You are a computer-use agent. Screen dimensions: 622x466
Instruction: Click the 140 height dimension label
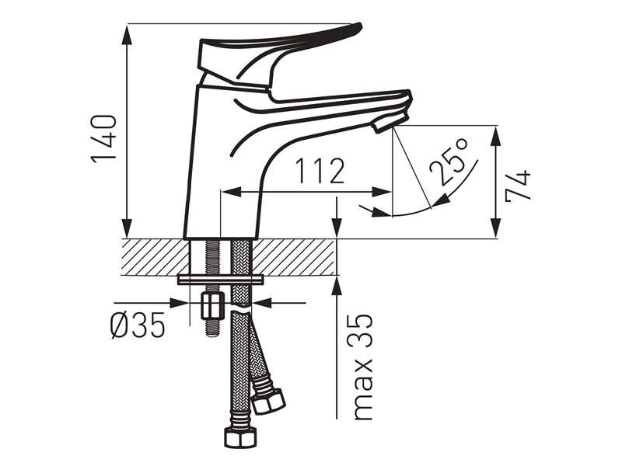coord(105,139)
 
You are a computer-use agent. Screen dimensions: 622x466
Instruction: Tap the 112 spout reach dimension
coord(320,171)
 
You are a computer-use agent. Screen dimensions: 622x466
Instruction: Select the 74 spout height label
coord(518,186)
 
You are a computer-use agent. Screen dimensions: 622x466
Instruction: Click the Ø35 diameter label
coord(138,325)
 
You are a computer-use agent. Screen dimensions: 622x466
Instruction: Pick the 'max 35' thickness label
coord(363,367)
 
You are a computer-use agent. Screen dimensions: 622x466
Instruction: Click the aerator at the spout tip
coord(390,123)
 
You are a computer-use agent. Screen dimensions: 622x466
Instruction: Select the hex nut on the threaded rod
coord(211,305)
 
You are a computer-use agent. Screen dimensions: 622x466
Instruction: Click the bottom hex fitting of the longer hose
coord(240,438)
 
